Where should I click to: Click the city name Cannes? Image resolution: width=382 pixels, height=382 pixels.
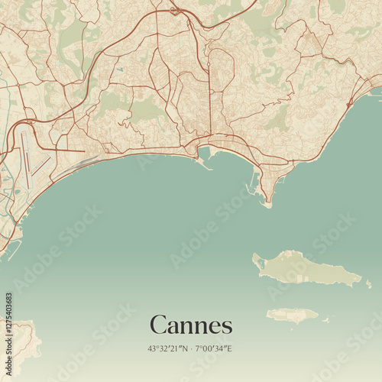pyautogui.click(x=191, y=325)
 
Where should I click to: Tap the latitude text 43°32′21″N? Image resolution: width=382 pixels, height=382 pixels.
pyautogui.click(x=169, y=348)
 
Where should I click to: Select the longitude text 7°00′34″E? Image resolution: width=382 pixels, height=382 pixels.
pyautogui.click(x=215, y=348)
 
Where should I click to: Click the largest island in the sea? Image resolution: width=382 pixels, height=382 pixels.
pyautogui.click(x=306, y=268)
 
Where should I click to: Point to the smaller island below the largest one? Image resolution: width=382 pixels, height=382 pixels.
pyautogui.click(x=293, y=314)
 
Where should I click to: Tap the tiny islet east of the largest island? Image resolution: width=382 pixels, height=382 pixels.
pyautogui.click(x=368, y=283)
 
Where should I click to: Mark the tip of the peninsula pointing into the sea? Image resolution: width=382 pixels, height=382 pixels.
pyautogui.click(x=269, y=204)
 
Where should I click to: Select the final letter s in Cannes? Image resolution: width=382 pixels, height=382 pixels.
pyautogui.click(x=226, y=326)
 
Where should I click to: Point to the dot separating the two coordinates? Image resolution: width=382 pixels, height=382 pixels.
pyautogui.click(x=192, y=348)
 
